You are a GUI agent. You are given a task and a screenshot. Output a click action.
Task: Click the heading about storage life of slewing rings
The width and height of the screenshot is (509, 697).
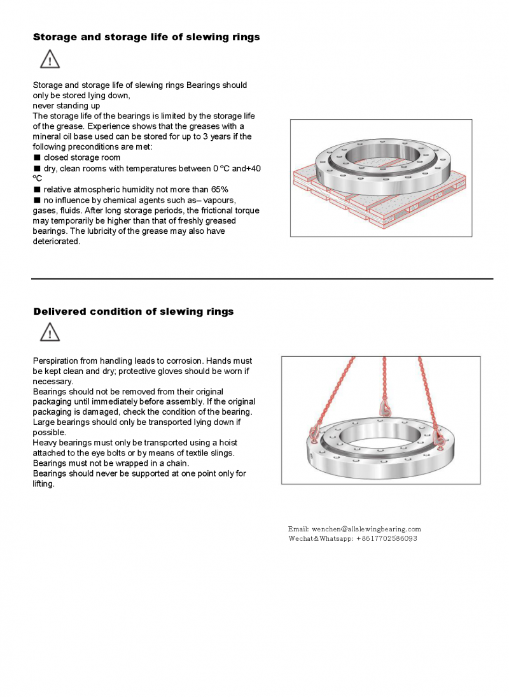point(146,37)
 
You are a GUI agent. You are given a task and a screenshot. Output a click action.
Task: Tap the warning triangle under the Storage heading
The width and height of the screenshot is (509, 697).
point(50,59)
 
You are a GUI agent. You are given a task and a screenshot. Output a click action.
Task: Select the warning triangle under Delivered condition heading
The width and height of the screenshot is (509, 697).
point(50,332)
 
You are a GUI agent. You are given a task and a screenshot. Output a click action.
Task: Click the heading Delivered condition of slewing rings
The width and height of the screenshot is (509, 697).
point(133,312)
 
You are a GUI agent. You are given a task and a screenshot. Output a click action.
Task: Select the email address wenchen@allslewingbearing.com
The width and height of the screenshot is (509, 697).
point(366,529)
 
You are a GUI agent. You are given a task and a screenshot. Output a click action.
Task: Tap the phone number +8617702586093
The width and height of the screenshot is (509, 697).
point(387,538)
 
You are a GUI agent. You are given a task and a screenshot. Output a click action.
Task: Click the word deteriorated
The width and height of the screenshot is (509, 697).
point(57,241)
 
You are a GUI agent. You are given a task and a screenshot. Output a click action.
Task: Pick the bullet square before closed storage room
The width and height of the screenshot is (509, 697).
point(37,157)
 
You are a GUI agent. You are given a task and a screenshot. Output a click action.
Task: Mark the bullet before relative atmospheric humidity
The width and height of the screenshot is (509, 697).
point(37,189)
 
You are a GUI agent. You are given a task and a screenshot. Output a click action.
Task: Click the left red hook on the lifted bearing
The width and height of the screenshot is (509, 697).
point(314,433)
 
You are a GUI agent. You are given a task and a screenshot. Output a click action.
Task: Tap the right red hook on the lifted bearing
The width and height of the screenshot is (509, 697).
point(438,437)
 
